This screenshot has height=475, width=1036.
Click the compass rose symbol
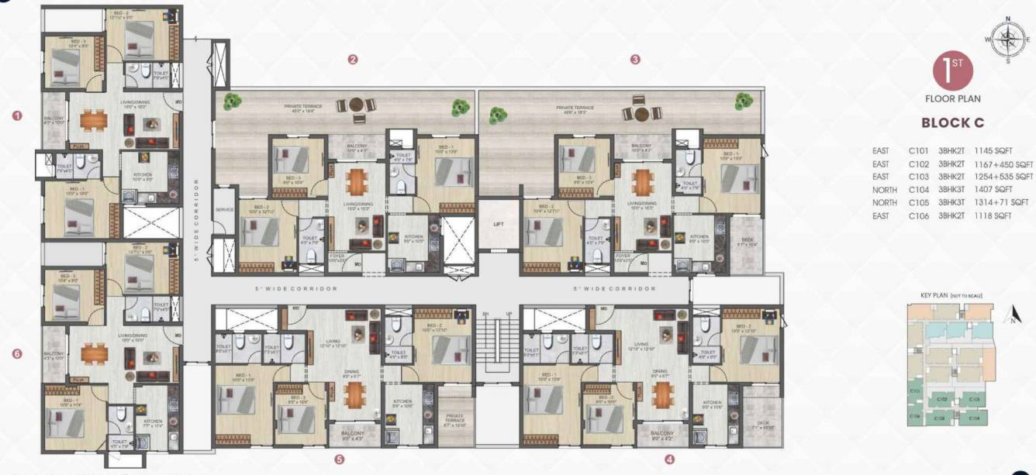1007,39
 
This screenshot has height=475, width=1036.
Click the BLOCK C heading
952,122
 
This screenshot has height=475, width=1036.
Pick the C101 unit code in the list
919,152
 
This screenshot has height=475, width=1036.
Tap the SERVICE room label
225,210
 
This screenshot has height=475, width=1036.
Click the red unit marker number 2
352,59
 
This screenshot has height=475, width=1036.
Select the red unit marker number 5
340,459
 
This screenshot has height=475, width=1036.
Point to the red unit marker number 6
18,354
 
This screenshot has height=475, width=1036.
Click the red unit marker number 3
635,59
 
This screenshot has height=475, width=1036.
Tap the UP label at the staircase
509,313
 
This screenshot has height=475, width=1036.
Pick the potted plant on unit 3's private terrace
496,115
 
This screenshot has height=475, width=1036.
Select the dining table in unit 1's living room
94,120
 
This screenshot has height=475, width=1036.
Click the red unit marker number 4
669,459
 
